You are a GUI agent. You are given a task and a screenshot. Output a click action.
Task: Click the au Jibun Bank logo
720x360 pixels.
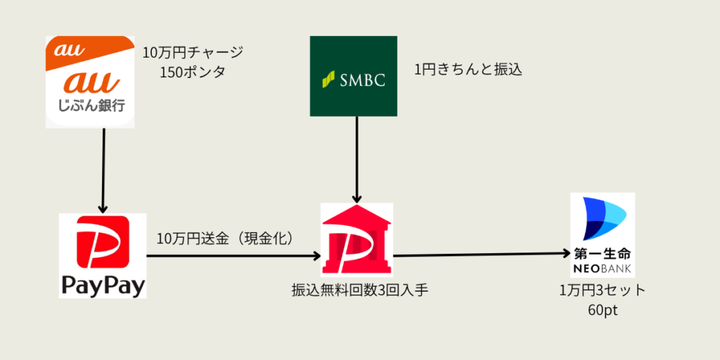tap(89, 82)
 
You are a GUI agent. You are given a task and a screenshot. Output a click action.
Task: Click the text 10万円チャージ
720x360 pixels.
tap(192, 53)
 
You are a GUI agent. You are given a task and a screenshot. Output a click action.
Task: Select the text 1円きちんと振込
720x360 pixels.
tap(468, 70)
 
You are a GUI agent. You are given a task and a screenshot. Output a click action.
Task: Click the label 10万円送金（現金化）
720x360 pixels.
tap(225, 238)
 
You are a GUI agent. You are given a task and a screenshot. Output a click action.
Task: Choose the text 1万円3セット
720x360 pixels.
tap(602, 290)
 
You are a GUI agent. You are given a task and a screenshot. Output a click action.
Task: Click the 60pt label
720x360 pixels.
tap(602, 310)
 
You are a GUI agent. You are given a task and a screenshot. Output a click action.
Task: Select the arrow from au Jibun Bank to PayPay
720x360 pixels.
tap(103, 171)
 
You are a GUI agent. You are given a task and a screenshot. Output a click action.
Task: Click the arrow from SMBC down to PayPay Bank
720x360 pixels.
tap(356, 160)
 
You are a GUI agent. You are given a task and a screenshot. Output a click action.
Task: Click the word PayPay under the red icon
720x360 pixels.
tap(103, 285)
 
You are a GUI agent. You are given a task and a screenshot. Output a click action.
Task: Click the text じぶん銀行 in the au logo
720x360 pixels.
tap(89, 108)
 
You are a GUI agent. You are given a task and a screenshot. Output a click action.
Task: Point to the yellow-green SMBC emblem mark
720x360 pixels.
tap(327, 79)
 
